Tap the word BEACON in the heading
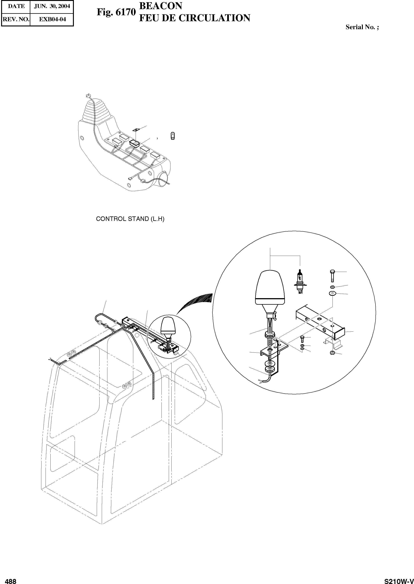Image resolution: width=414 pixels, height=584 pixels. [161, 6]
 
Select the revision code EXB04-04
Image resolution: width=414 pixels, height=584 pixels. [52, 19]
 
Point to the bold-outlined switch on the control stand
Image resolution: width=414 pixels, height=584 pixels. [134, 143]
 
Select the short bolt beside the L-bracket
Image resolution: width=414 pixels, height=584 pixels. [302, 339]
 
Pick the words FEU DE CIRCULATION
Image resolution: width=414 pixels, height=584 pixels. [194, 18]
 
